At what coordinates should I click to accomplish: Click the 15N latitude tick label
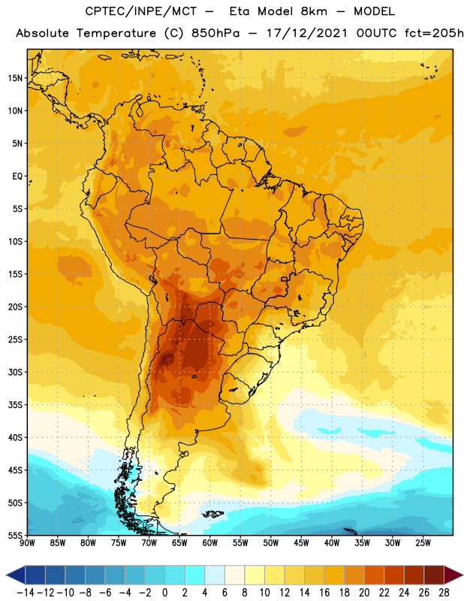coord(15,78)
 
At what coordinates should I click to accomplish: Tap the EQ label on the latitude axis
coord(17,177)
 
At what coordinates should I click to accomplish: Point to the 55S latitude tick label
coord(15,536)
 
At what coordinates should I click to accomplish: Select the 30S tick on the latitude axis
coord(15,372)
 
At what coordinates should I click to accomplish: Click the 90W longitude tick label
coord(27,543)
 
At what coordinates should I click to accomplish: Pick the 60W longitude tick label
coord(210,543)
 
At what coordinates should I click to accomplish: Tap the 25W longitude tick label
coord(423,543)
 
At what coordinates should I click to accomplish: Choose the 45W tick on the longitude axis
coord(301,543)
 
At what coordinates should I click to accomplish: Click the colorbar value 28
coord(444,593)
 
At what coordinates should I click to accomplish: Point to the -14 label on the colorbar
coord(26,593)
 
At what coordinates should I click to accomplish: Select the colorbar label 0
coord(164,593)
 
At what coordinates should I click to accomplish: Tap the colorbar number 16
coord(324,593)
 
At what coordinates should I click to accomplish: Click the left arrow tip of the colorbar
coord(6,575)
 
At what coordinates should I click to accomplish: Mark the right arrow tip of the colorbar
coord(462,575)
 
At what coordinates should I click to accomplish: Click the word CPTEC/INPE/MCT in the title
coord(141,11)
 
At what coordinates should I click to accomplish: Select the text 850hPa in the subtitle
coord(215,33)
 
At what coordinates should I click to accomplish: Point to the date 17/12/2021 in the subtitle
coord(307,33)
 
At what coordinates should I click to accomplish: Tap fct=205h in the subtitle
coord(434,33)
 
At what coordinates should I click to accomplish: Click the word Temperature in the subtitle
coord(116,34)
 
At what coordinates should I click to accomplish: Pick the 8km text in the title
coord(314,11)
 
